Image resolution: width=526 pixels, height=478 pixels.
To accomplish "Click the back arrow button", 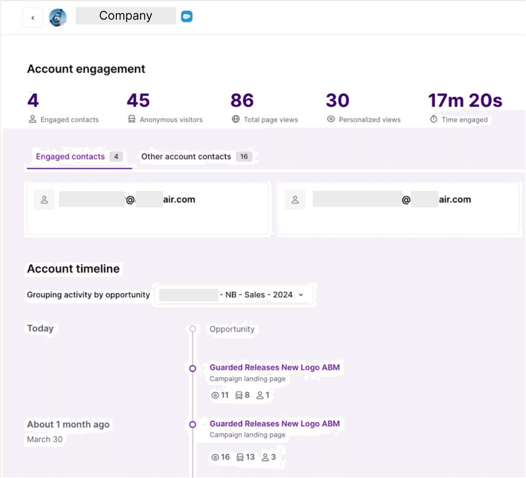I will click(x=33, y=18).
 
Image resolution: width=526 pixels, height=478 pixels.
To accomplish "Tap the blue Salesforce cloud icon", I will click(x=186, y=16).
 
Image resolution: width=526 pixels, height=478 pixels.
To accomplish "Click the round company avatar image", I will click(x=58, y=18).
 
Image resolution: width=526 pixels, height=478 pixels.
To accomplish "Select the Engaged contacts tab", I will click(x=71, y=157).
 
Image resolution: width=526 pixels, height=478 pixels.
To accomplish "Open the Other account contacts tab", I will click(x=186, y=157).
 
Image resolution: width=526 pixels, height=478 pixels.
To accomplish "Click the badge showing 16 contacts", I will click(x=244, y=157).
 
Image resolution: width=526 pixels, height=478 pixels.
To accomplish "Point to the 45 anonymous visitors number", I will click(x=138, y=101).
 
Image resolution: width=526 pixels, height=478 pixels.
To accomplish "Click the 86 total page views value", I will click(x=242, y=101).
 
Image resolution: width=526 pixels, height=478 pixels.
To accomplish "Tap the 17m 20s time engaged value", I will click(x=465, y=101).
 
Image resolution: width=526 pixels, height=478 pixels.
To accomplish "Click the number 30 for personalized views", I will click(x=337, y=101).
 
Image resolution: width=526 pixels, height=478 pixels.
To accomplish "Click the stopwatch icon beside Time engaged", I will click(x=433, y=119).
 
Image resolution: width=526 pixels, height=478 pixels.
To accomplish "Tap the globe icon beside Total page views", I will click(x=236, y=119).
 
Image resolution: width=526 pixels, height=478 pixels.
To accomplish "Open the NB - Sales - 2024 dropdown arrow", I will click(x=301, y=295).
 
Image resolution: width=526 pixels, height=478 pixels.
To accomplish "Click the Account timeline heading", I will click(x=73, y=269).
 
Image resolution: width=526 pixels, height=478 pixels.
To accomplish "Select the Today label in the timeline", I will click(x=40, y=328).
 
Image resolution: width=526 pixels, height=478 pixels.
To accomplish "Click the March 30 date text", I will click(x=45, y=439).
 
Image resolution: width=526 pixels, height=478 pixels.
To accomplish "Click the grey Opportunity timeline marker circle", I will click(x=192, y=329).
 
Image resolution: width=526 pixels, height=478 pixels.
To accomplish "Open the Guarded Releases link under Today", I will click(x=274, y=367).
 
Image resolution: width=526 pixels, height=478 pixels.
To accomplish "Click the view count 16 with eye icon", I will click(x=221, y=457).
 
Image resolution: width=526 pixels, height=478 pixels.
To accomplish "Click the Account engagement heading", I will click(x=86, y=69).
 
